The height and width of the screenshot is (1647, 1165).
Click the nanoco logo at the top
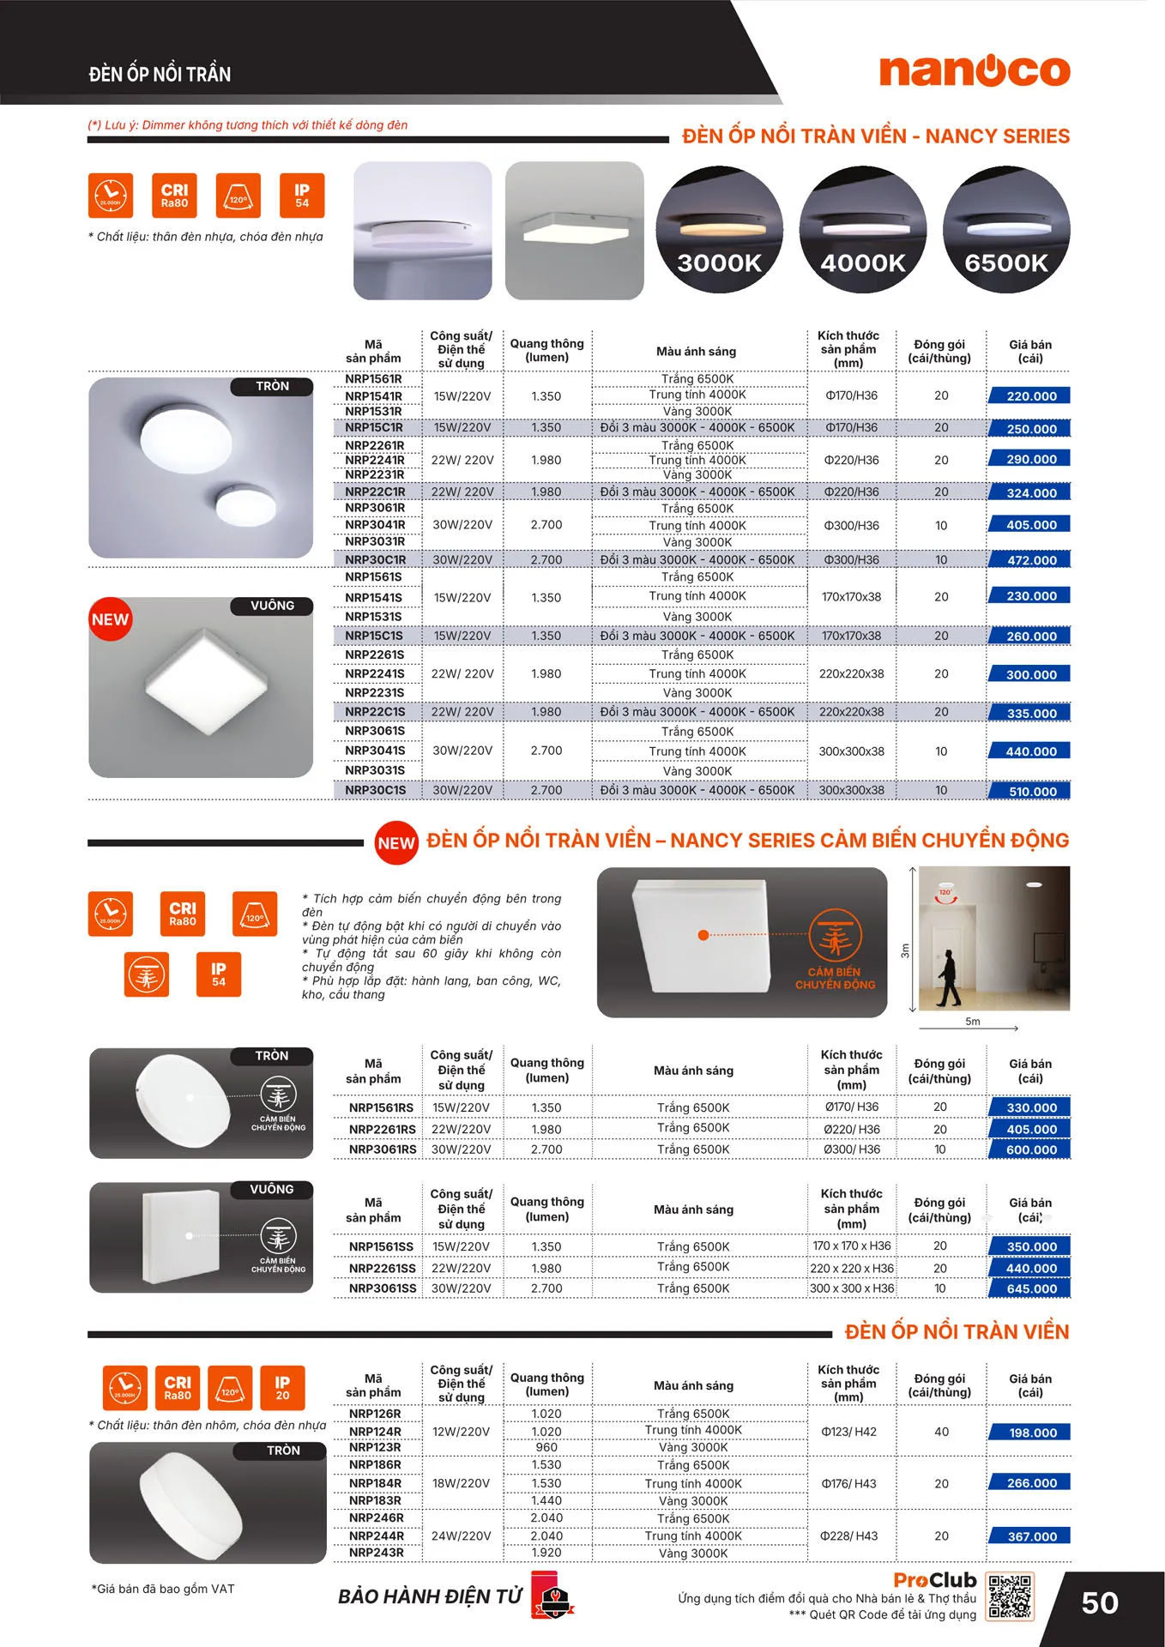coord(975,70)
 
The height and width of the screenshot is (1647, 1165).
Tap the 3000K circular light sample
coord(720,229)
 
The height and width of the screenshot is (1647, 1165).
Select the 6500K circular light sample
coord(1006,229)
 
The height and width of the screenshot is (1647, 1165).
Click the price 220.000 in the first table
coord(1030,396)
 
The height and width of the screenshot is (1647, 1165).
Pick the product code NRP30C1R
coord(376,559)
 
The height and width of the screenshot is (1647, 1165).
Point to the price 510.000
coord(1031,791)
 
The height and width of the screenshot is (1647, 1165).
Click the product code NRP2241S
coord(375,673)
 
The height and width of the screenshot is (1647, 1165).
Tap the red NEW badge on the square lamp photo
coord(111,619)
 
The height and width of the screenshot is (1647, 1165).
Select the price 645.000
coord(1031,1288)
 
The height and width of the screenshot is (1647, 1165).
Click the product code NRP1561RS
coord(381,1107)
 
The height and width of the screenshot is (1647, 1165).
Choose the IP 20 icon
coord(282,1388)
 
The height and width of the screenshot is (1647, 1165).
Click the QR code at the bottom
coord(1011,1596)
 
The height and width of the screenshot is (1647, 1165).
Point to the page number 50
coord(1099,1603)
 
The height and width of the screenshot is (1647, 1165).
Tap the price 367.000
coord(1031,1536)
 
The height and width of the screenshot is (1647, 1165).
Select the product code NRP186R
coord(375,1464)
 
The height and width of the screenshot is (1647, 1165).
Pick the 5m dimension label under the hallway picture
coord(972,1022)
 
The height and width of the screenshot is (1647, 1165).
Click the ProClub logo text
coord(934,1580)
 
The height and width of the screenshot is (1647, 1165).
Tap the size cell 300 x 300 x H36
coord(851,1288)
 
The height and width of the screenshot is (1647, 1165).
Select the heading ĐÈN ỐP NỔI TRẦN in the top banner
coord(160,75)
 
